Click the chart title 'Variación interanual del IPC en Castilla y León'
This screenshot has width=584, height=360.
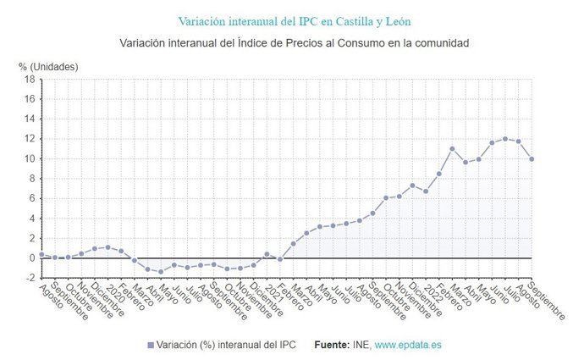tap(294, 20)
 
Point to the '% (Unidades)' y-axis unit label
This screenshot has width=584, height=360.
tap(48, 65)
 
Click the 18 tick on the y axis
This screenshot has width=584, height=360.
tap(29, 80)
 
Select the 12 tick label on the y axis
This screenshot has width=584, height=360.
tap(29, 139)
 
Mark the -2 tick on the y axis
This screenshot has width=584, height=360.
tap(29, 278)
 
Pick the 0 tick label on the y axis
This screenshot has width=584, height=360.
tap(31, 258)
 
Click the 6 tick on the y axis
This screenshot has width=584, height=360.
tap(31, 198)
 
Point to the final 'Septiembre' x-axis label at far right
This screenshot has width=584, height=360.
tap(546, 301)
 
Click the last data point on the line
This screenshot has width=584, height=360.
tap(532, 158)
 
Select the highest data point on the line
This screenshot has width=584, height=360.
tap(505, 139)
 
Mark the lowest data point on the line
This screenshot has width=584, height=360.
tap(160, 272)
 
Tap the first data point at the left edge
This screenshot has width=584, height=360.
tap(41, 254)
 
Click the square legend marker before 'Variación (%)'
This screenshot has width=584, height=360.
tap(151, 346)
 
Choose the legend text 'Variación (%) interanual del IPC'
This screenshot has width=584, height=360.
tap(227, 346)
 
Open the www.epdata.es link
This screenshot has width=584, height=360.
tap(408, 346)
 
